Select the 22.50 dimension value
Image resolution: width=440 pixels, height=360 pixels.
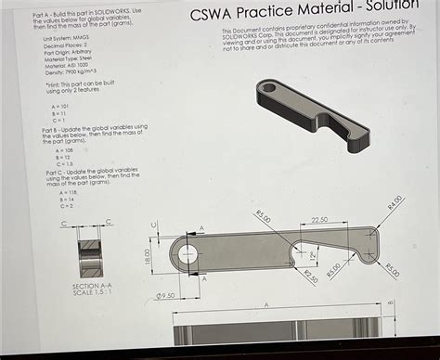pyautogui.click(x=318, y=221)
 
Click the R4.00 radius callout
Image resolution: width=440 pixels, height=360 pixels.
pyautogui.click(x=395, y=202)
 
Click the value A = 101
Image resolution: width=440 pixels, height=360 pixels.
pyautogui.click(x=59, y=107)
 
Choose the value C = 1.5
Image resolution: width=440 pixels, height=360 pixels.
pyautogui.click(x=63, y=163)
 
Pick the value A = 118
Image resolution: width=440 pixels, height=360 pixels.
pyautogui.click(x=66, y=192)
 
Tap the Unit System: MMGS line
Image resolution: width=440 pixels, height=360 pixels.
pyautogui.click(x=66, y=37)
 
